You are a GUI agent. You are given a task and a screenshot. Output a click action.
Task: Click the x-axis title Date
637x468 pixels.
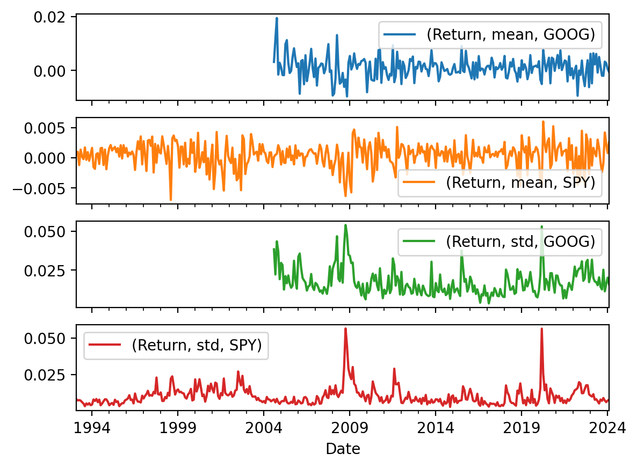click(x=343, y=449)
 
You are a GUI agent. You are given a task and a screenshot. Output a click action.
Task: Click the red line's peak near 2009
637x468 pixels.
click(x=345, y=328)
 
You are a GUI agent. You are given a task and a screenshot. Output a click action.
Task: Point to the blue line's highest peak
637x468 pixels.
click(x=277, y=18)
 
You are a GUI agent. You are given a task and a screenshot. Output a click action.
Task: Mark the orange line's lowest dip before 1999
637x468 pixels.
click(x=171, y=200)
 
